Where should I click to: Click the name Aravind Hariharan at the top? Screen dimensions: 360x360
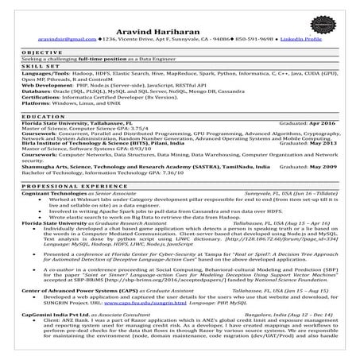pos(180,25)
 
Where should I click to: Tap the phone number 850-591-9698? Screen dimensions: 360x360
pos(252,37)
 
